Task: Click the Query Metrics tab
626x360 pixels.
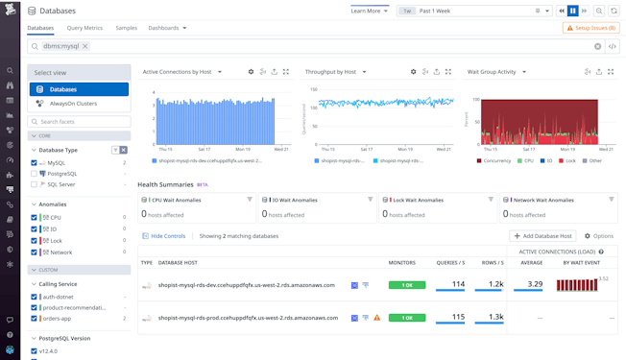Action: tap(84, 28)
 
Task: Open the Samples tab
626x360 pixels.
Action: tap(126, 28)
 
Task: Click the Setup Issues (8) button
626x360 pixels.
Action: tap(590, 29)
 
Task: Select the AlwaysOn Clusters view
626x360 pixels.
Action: tap(78, 104)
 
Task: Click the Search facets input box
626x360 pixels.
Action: tap(79, 122)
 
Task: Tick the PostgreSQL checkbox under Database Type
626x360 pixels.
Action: tap(35, 174)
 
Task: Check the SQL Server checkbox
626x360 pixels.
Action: tap(35, 184)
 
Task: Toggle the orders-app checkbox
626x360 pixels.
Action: tap(35, 318)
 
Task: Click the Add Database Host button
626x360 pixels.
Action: tap(543, 236)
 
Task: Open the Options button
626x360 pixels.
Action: tap(599, 236)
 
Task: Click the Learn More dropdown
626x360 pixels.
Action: tap(370, 11)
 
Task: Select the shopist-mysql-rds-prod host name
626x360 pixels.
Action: tap(246, 318)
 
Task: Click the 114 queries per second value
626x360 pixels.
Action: tap(458, 284)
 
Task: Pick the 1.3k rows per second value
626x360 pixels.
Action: tap(495, 317)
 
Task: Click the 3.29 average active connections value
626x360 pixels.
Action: tap(535, 284)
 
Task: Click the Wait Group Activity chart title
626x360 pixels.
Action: tap(492, 72)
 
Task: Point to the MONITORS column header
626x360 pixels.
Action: tap(401, 262)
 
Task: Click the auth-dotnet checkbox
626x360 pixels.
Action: tap(35, 297)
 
